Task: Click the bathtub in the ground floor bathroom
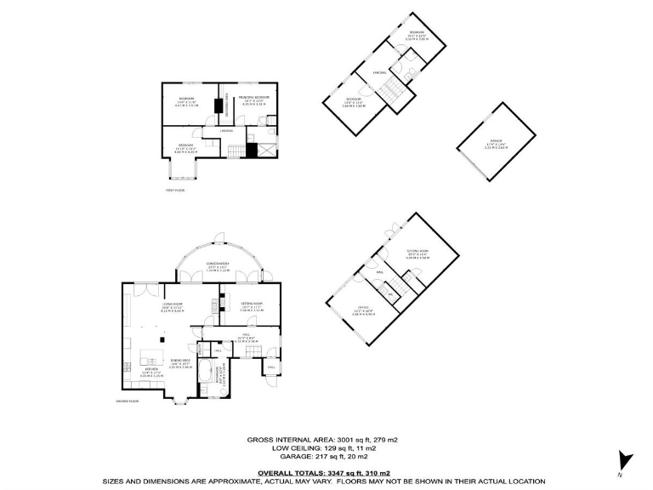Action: (x=207, y=372)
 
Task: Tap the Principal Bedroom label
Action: (x=253, y=98)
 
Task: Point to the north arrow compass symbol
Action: (x=626, y=460)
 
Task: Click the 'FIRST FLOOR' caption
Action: (x=175, y=191)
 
